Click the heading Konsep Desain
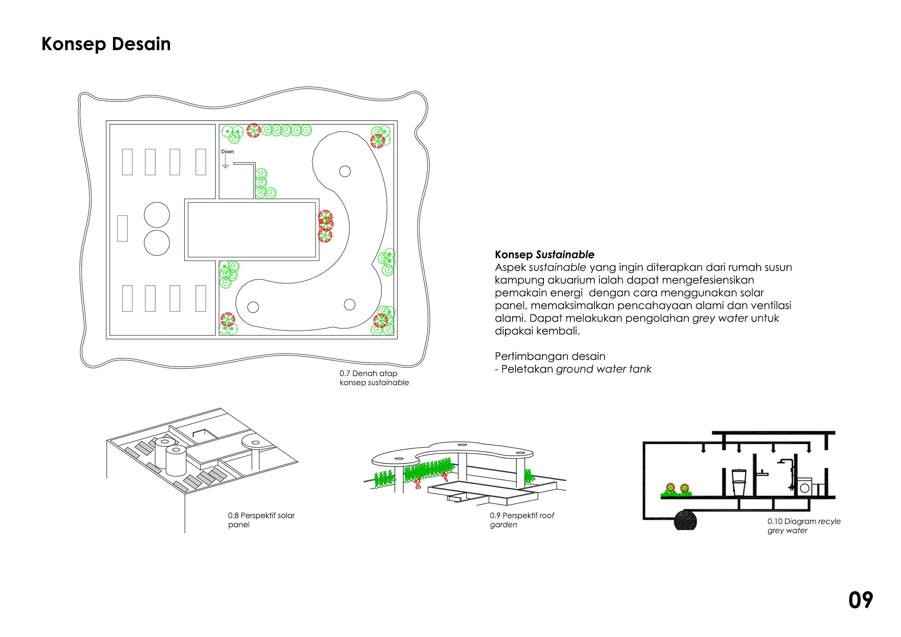(x=106, y=44)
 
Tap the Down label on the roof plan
(x=227, y=152)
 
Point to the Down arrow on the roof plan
(x=225, y=162)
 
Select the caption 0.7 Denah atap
(x=368, y=373)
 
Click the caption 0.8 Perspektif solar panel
(x=261, y=520)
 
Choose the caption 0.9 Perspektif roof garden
(x=522, y=520)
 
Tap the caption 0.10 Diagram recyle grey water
(x=804, y=526)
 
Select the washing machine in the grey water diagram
(x=804, y=487)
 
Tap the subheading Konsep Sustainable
(x=544, y=255)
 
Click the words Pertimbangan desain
(x=550, y=356)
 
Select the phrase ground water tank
(x=603, y=369)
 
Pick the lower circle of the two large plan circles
(x=157, y=243)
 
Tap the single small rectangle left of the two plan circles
(x=122, y=229)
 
